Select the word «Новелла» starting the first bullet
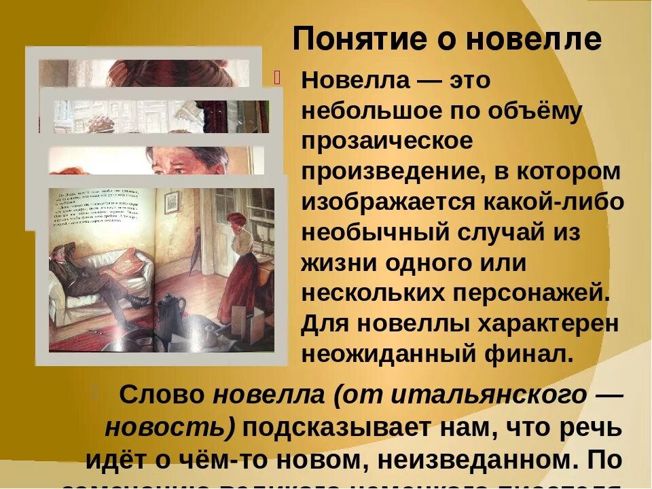point(356,81)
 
